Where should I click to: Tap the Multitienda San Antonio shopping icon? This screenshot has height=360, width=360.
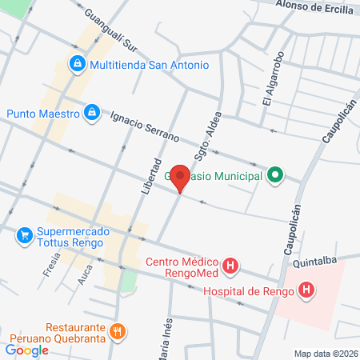(78, 63)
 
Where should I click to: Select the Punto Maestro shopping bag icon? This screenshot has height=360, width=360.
(93, 114)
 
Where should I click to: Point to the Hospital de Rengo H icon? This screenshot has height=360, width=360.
(306, 291)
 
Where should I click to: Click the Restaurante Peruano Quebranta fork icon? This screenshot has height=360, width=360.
(118, 331)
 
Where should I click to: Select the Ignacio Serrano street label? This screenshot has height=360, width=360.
(145, 127)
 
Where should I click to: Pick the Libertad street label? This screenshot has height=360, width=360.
(150, 177)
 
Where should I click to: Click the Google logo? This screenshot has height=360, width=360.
(27, 350)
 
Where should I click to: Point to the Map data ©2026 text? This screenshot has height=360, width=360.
(325, 354)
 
